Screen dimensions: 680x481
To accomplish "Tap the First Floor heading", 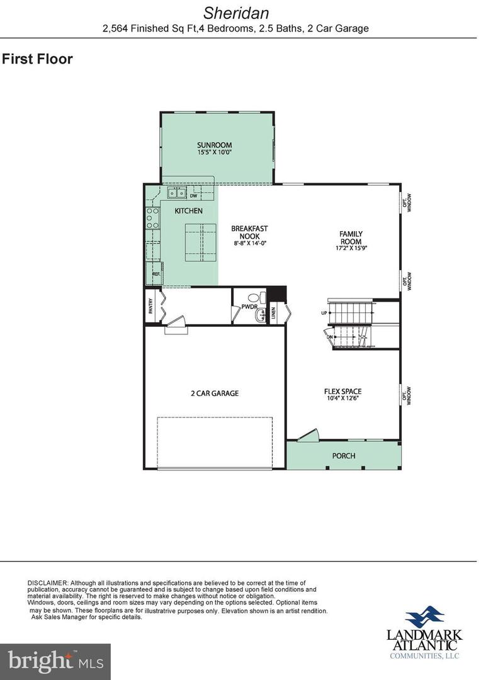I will pos(37,59).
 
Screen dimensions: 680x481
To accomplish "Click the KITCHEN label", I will pos(188,211).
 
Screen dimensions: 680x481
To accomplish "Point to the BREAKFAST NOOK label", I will pos(249,232).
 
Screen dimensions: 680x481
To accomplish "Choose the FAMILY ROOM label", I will pos(351,237).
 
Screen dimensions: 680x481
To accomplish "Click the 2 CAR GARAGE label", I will pos(215,394).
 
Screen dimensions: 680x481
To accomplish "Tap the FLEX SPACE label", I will pos(342,392).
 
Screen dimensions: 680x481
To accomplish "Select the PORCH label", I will pos(344,456).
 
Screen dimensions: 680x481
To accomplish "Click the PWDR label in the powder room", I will pos(250,307).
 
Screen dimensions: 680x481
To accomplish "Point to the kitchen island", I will pos(200,244).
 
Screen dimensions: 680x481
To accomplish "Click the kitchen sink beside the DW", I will pos(176,193).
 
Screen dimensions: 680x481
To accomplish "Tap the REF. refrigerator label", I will pos(156,275).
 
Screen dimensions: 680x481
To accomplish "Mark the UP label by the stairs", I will pos(323,312).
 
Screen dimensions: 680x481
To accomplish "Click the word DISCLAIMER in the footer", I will pos(47,583).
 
